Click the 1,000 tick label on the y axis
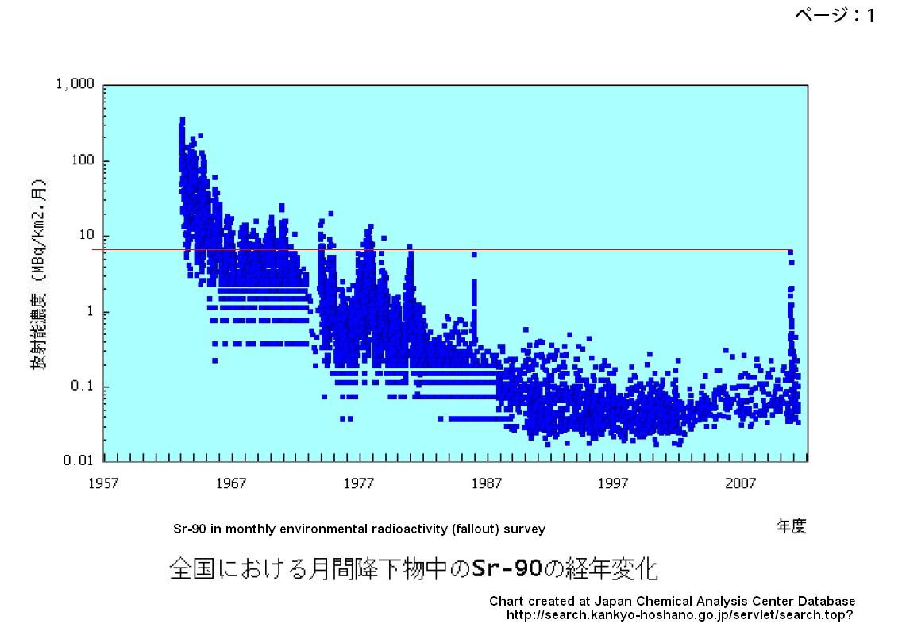[x=75, y=85]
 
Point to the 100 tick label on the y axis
[x=82, y=160]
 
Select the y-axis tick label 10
[x=86, y=236]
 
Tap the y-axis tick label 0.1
[x=83, y=387]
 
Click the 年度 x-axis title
[x=790, y=526]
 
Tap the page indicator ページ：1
[x=835, y=15]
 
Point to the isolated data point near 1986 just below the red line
[x=474, y=255]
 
